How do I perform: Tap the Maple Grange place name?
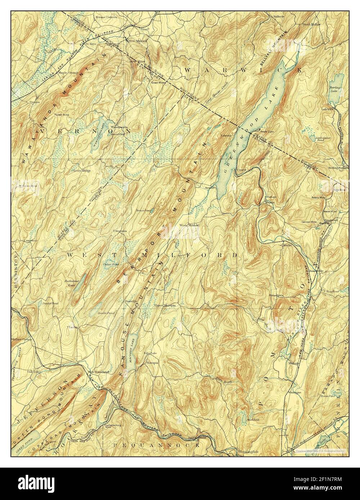click(68, 72)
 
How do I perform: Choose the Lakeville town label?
click(328, 108)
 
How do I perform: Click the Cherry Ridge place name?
click(81, 171)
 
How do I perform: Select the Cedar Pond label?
click(109, 265)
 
